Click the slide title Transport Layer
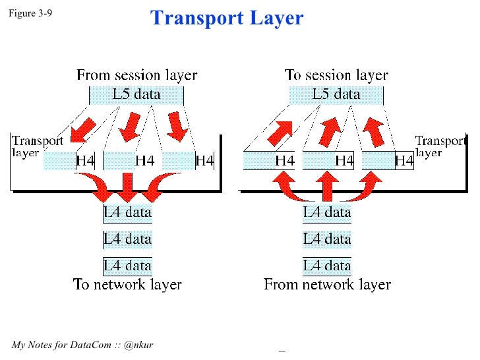pyautogui.click(x=227, y=18)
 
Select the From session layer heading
pyautogui.click(x=136, y=75)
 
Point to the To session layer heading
pyautogui.click(x=336, y=75)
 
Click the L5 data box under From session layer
pyautogui.click(x=136, y=94)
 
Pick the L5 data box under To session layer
pyautogui.click(x=336, y=94)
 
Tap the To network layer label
pyautogui.click(x=127, y=285)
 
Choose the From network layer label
pyautogui.click(x=327, y=285)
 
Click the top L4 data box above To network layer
pyautogui.click(x=128, y=213)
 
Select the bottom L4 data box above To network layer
pyautogui.click(x=128, y=266)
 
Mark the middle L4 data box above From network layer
pyautogui.click(x=327, y=239)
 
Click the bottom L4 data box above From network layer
pyautogui.click(x=327, y=266)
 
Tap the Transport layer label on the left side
pyautogui.click(x=37, y=145)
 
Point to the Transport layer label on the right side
pyautogui.click(x=440, y=145)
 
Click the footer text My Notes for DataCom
pyautogui.click(x=82, y=345)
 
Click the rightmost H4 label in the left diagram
pyautogui.click(x=205, y=160)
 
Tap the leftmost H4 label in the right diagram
pyautogui.click(x=284, y=160)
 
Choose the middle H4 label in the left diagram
pyautogui.click(x=145, y=160)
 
